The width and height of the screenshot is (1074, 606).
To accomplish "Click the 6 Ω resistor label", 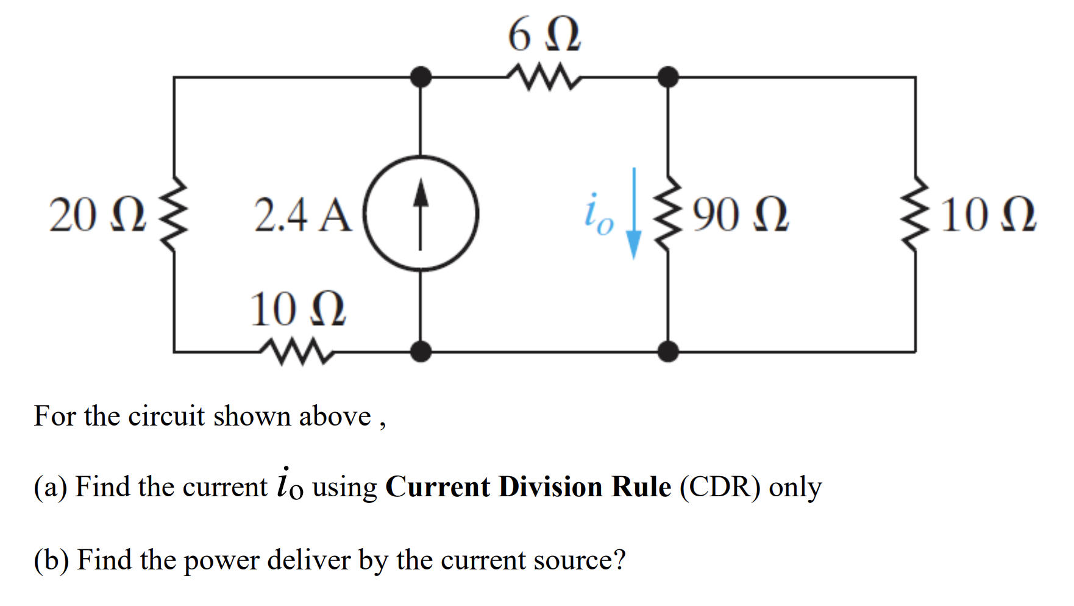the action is click(x=544, y=35).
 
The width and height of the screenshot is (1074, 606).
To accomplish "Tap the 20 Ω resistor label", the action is click(x=98, y=215).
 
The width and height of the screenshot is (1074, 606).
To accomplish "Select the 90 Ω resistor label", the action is click(x=740, y=215).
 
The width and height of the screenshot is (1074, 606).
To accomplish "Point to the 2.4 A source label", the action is click(x=303, y=215).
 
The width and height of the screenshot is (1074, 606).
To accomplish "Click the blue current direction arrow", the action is click(x=634, y=213).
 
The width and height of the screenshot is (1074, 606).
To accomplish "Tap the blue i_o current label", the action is click(x=598, y=215).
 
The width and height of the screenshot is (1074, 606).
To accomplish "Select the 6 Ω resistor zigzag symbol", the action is click(x=544, y=78).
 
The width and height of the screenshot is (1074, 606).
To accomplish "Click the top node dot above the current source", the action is click(x=421, y=77).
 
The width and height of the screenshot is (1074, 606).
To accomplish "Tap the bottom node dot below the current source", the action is click(x=421, y=352).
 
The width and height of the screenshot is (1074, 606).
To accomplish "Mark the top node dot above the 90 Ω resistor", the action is click(x=669, y=77).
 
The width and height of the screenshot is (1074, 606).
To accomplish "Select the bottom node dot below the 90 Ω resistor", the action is click(x=669, y=352).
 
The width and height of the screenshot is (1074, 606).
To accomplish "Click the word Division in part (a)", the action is click(x=550, y=487).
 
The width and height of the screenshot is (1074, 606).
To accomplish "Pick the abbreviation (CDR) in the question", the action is click(x=720, y=487).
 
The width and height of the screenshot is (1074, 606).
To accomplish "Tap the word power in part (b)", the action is click(x=221, y=560).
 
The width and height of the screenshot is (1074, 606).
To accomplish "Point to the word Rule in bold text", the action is click(x=641, y=487).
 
